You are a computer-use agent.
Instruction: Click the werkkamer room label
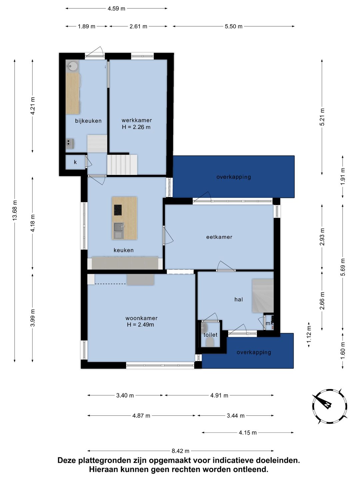pyautogui.click(x=137, y=120)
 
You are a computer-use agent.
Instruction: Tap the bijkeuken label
pyautogui.click(x=88, y=121)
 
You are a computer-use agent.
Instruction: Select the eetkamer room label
pyautogui.click(x=219, y=237)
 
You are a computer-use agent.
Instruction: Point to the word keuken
pyautogui.click(x=123, y=250)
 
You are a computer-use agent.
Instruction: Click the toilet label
pyautogui.click(x=210, y=335)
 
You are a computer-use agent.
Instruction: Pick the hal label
pyautogui.click(x=239, y=299)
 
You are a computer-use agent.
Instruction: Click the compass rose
pyautogui.click(x=330, y=406)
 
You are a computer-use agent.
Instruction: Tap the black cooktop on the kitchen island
pyautogui.click(x=118, y=210)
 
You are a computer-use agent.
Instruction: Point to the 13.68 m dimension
pyautogui.click(x=15, y=210)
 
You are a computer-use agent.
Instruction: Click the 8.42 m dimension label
pyautogui.click(x=181, y=451)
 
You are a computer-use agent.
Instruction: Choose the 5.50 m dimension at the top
pyautogui.click(x=233, y=26)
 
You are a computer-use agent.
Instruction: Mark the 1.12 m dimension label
pyautogui.click(x=309, y=335)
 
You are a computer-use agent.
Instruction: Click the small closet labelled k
pyautogui.click(x=75, y=162)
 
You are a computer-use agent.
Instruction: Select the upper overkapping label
pyautogui.click(x=234, y=177)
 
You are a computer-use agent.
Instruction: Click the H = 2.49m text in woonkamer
pyautogui.click(x=140, y=325)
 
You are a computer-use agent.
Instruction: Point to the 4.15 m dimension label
pyautogui.click(x=248, y=433)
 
